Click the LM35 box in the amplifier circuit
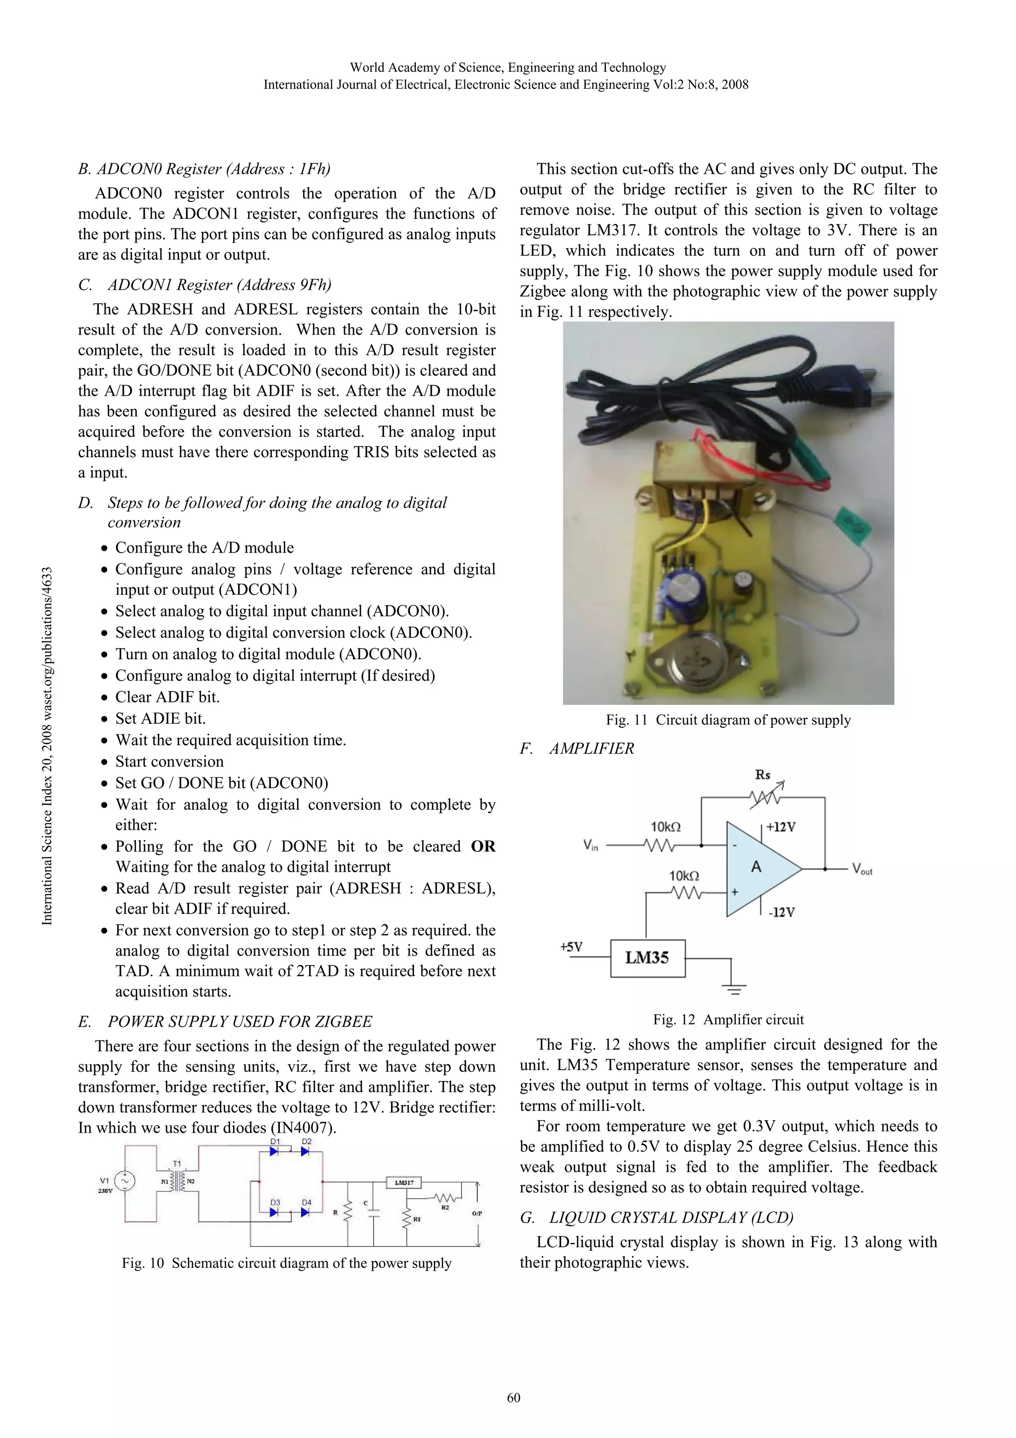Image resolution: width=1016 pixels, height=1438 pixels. [647, 958]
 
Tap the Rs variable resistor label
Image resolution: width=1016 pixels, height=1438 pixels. [762, 775]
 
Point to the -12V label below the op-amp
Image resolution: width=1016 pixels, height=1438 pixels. [781, 912]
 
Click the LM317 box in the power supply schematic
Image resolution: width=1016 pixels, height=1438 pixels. [404, 1182]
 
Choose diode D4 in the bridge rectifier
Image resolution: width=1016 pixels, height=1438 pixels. [305, 1212]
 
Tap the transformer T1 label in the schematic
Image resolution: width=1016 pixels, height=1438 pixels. [177, 1164]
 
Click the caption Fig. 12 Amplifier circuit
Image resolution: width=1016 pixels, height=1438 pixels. [728, 1019]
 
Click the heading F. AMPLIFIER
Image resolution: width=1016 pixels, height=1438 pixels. [576, 749]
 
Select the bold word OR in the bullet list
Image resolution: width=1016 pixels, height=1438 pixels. [483, 847]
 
